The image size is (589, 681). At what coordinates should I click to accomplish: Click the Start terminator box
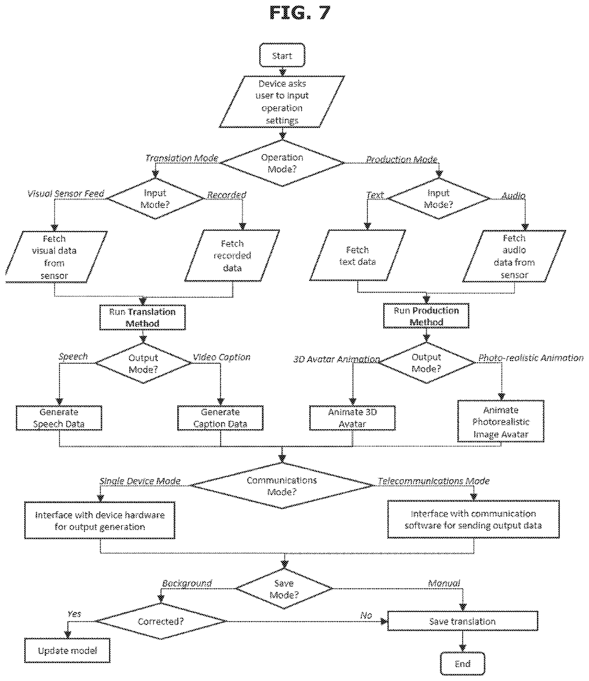[x=282, y=55]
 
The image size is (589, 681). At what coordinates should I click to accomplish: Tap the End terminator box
[x=463, y=663]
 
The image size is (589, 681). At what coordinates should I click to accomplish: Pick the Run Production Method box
[x=426, y=316]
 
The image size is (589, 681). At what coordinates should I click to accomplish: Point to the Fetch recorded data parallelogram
[x=232, y=256]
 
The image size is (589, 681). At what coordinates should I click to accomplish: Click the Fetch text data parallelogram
[x=357, y=255]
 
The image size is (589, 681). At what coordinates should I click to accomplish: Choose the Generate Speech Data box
[x=59, y=418]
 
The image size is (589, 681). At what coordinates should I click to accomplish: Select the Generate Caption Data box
[x=220, y=418]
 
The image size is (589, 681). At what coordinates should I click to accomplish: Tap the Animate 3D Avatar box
[x=352, y=418]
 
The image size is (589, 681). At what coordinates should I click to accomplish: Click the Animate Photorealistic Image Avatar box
[x=501, y=421]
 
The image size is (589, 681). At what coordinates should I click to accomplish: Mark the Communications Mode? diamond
[x=282, y=486]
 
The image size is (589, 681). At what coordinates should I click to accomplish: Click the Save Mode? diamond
[x=284, y=589]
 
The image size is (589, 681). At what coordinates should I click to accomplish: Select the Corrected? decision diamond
[x=161, y=621]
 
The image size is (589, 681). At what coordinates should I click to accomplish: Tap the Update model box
[x=67, y=651]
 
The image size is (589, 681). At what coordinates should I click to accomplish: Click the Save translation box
[x=463, y=621]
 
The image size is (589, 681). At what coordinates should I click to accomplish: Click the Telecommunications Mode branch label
[x=434, y=481]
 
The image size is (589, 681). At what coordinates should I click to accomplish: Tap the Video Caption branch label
[x=222, y=357]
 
